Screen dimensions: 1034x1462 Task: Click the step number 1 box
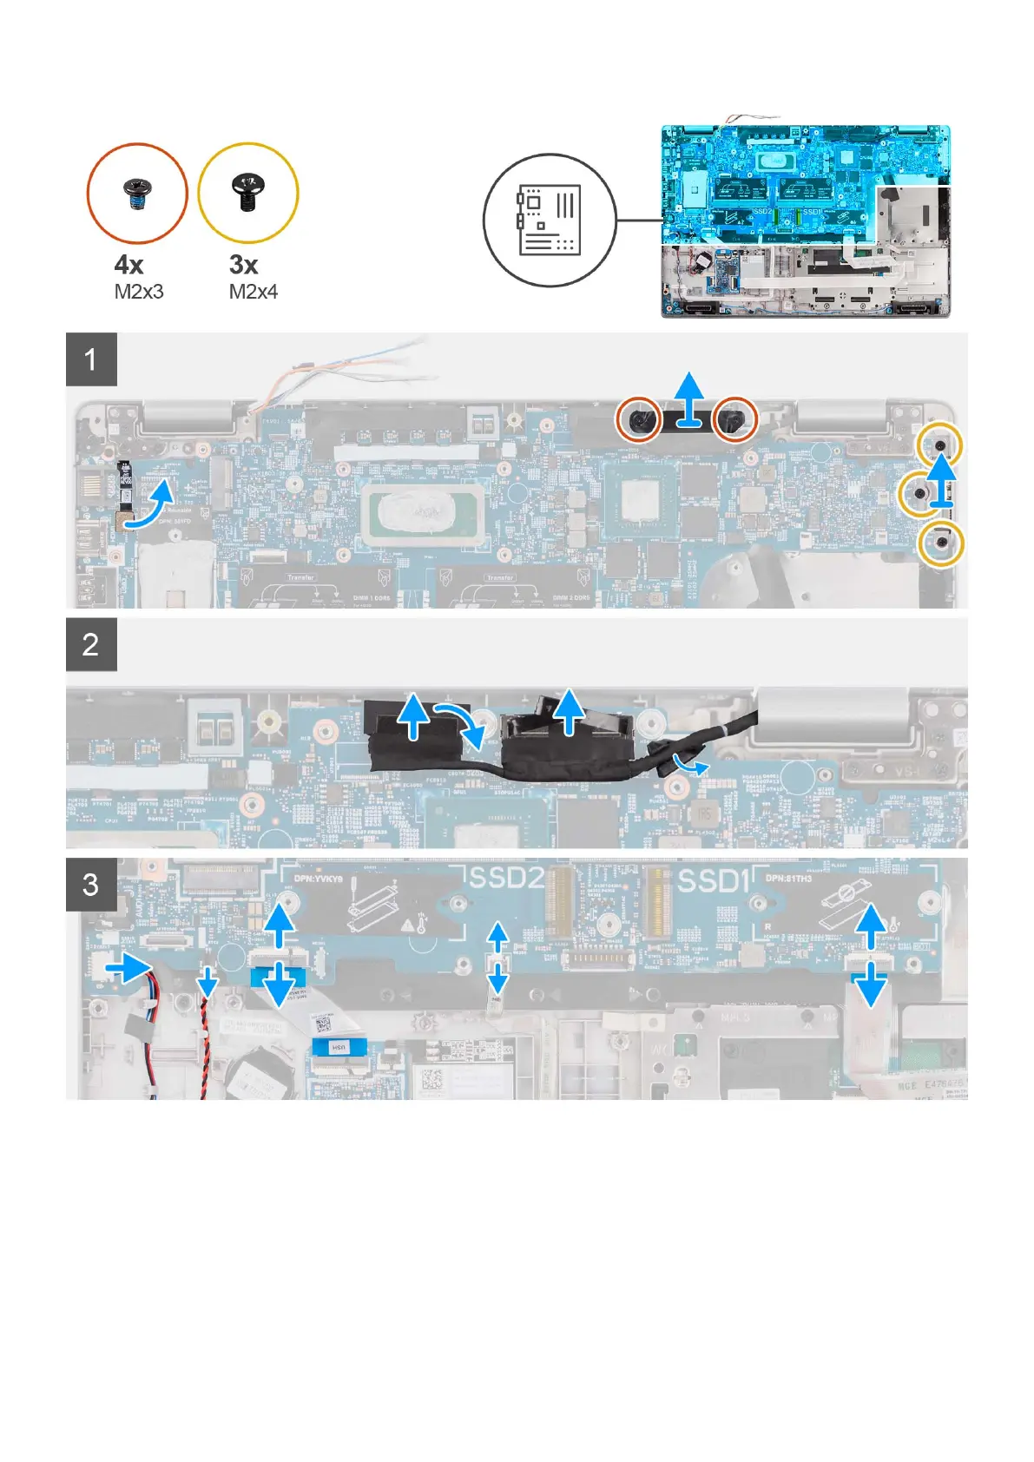(91, 359)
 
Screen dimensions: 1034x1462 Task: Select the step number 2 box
(91, 645)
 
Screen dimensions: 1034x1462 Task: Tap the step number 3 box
(91, 885)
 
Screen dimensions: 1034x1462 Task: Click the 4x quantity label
(128, 265)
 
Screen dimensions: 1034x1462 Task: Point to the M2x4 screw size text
(253, 293)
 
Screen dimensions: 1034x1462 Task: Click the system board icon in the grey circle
(549, 221)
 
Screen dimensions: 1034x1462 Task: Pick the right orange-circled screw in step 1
(734, 420)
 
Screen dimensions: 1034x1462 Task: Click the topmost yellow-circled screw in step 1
(940, 445)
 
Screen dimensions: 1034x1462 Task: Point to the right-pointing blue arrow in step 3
(127, 966)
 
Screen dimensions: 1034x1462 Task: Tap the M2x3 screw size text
(139, 293)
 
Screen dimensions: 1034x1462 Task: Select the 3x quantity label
(243, 265)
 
